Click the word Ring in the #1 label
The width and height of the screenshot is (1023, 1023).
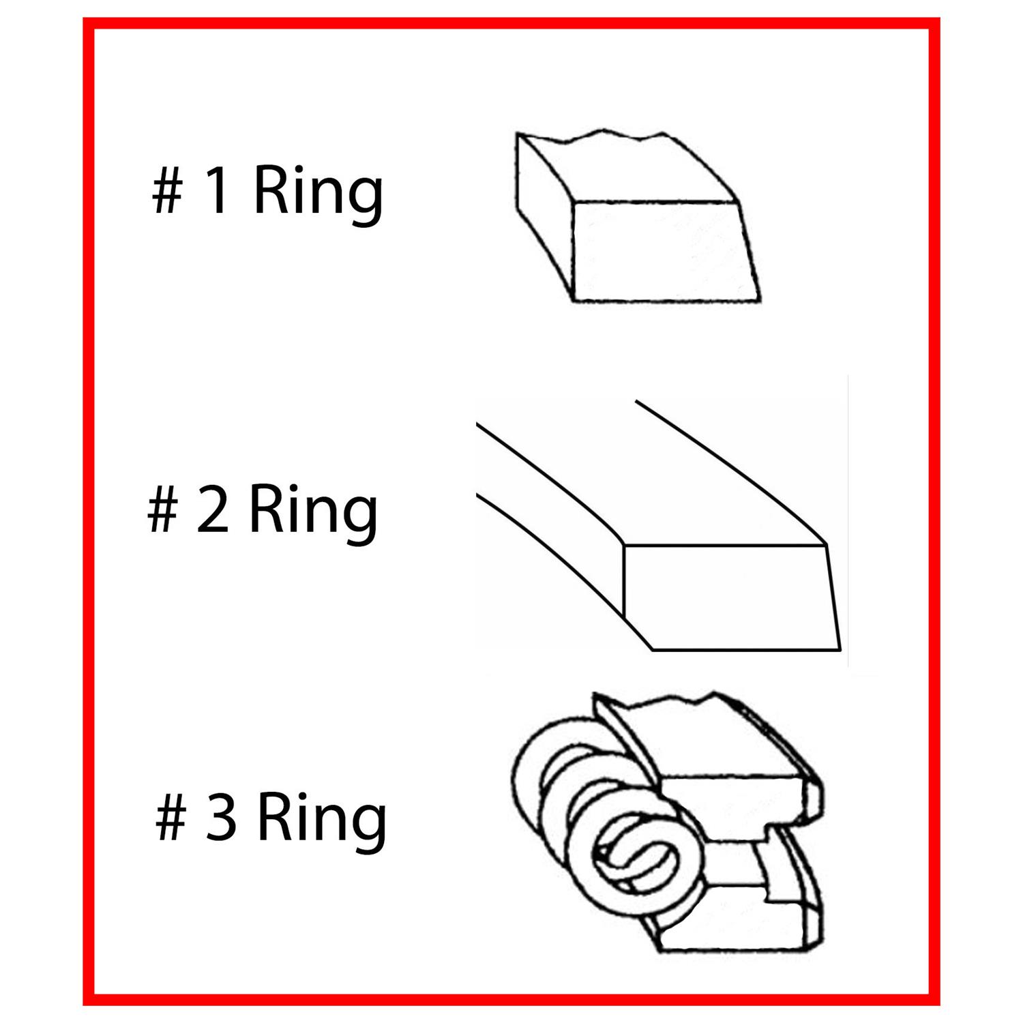318,197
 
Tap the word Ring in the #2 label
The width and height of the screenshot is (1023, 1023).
312,516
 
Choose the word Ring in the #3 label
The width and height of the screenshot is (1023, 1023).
322,823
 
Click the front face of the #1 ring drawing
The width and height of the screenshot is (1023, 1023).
665,251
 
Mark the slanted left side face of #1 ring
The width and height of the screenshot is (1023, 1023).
546,215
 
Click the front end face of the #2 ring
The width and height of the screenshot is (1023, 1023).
732,597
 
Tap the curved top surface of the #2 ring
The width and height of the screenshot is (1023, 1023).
648,477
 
